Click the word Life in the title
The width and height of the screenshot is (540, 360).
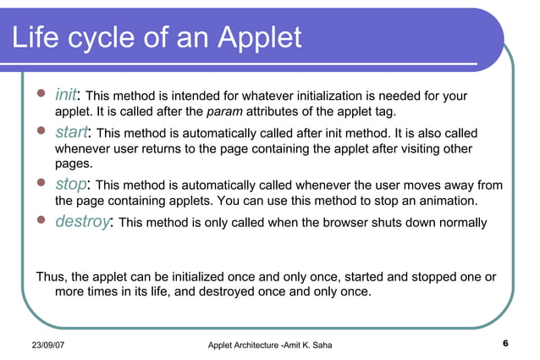click(39, 37)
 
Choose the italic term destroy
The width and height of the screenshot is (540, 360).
click(83, 222)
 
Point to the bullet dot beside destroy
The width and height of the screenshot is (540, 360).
click(39, 221)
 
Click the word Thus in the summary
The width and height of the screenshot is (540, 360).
click(50, 277)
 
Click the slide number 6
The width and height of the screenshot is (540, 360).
click(504, 343)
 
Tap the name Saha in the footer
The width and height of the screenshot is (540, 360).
click(332, 343)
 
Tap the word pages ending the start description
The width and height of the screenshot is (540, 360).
click(74, 163)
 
